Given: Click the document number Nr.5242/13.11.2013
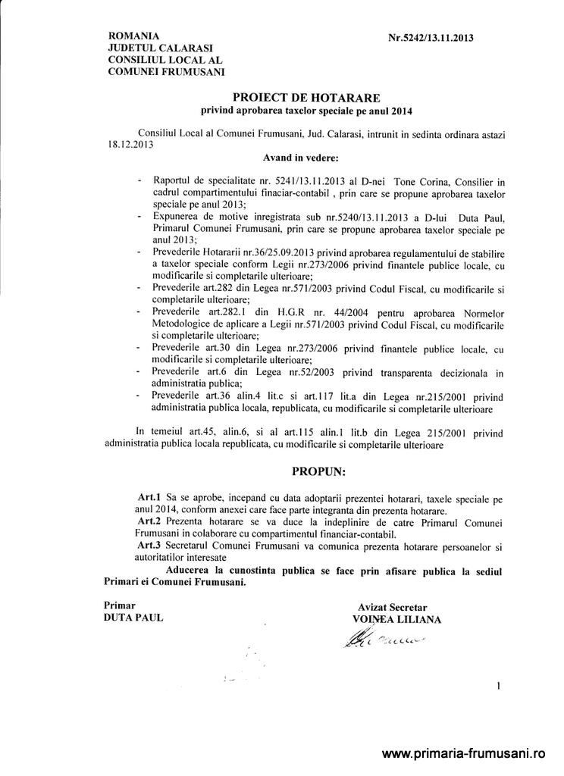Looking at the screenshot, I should point(431,37).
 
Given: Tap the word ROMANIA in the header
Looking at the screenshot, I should point(134,36).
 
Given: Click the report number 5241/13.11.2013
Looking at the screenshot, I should point(290,182).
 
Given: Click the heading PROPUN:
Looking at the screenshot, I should point(318,471).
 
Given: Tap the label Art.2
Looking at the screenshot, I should point(147,523).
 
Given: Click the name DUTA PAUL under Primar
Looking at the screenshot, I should point(133,618).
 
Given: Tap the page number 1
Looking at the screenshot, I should point(498,687).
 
